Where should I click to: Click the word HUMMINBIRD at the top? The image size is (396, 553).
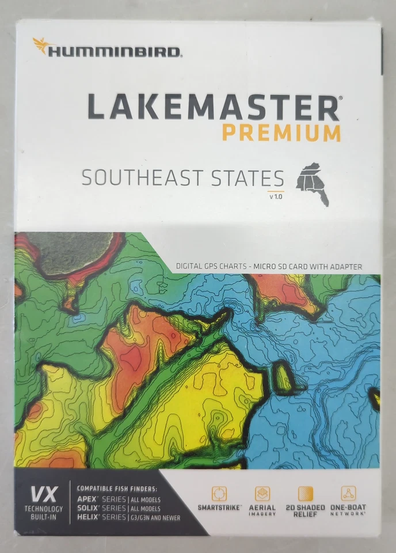tap(115, 52)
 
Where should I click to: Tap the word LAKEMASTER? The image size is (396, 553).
tap(213, 108)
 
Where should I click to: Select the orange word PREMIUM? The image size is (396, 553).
tap(281, 132)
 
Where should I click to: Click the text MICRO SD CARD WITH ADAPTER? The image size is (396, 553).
tap(313, 267)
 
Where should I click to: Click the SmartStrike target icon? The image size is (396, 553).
tap(219, 494)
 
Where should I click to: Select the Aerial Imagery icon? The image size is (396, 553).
tap(262, 494)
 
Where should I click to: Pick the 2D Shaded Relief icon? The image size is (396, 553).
tap(306, 494)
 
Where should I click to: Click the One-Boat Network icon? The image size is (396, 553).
tap(348, 494)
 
